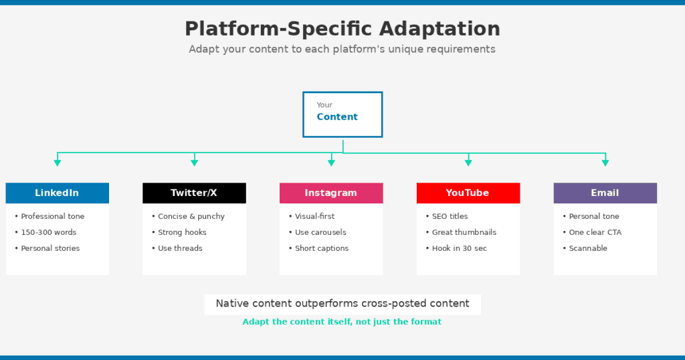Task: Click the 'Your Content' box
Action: (x=342, y=114)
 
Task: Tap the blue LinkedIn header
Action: (x=58, y=193)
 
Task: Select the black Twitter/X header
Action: (x=195, y=193)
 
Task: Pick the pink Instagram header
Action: (x=331, y=193)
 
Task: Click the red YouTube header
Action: (x=468, y=193)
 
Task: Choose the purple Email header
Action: (x=605, y=193)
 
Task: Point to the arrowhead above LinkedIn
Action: (x=58, y=163)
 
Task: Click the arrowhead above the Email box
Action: (x=605, y=163)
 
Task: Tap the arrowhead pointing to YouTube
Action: (x=468, y=163)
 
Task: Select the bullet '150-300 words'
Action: (x=46, y=232)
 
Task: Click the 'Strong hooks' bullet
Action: (x=179, y=232)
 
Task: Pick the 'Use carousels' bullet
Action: (x=318, y=232)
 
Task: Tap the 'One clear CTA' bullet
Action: (x=593, y=232)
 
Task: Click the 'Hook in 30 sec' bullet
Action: (x=456, y=248)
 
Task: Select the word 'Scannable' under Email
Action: (x=588, y=248)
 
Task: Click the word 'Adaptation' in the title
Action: (x=439, y=29)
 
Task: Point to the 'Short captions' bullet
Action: (x=319, y=248)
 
